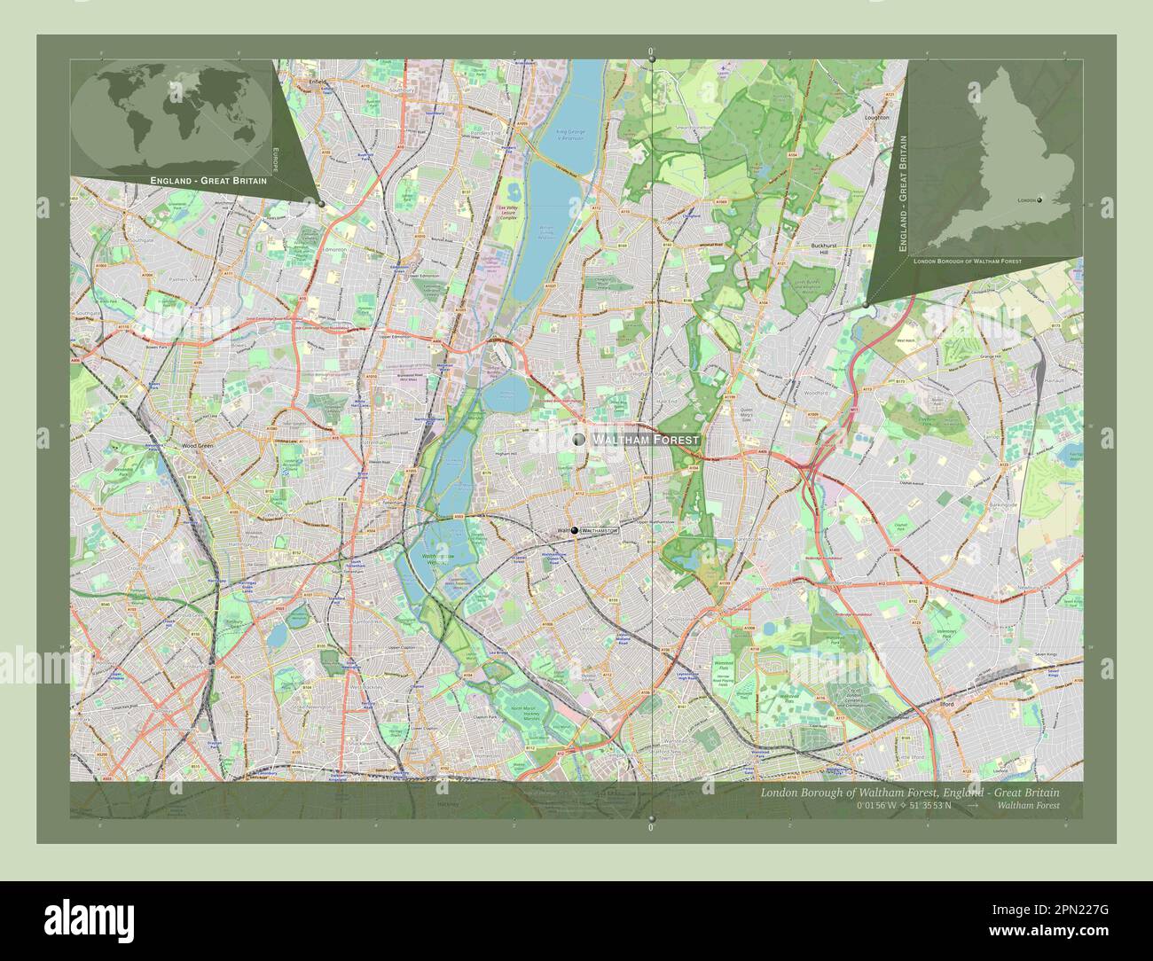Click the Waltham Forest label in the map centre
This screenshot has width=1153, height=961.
(646, 440)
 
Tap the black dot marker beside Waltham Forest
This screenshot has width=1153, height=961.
(579, 439)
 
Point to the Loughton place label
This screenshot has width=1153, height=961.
(876, 117)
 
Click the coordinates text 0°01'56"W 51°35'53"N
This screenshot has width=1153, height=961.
(904, 806)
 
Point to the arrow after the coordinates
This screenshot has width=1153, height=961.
(973, 806)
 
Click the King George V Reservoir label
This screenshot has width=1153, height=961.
(571, 136)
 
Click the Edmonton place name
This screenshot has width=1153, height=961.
(334, 250)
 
